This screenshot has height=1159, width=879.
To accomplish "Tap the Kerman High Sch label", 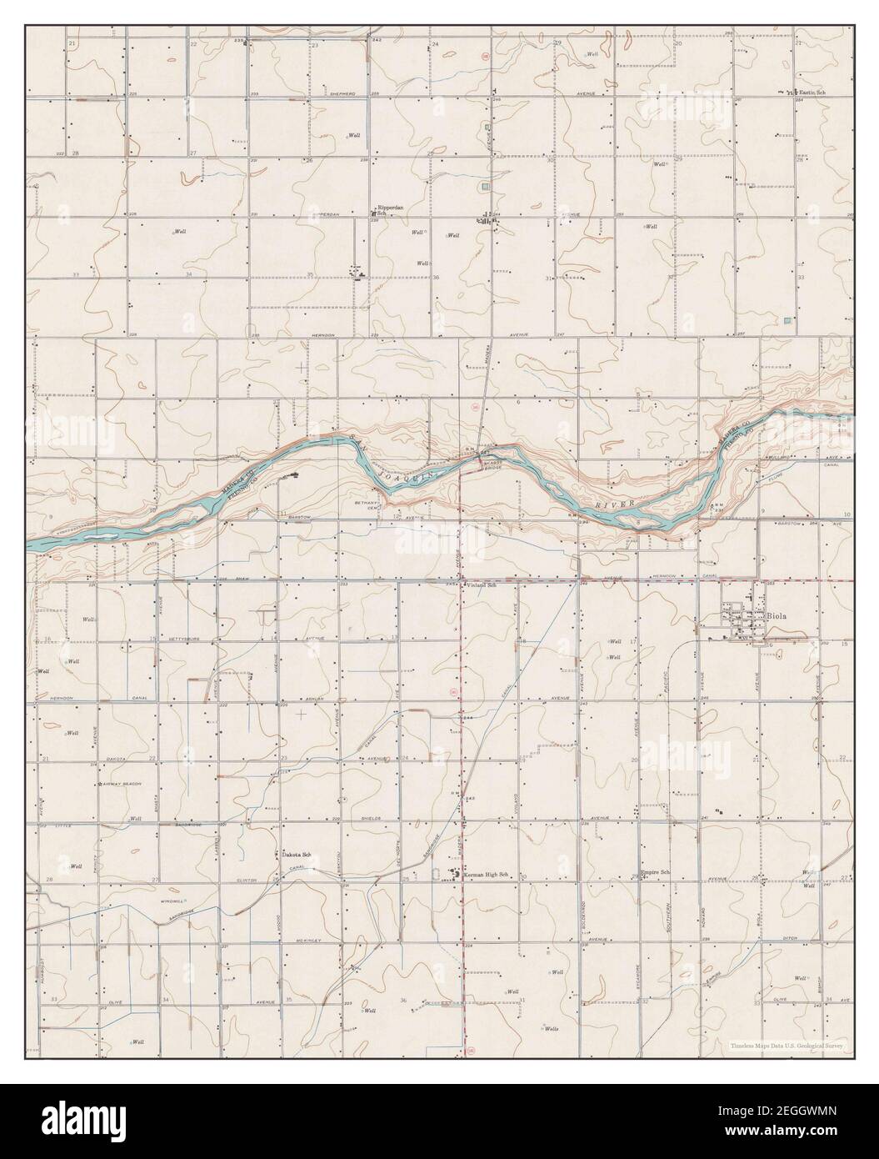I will pos(485,874).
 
